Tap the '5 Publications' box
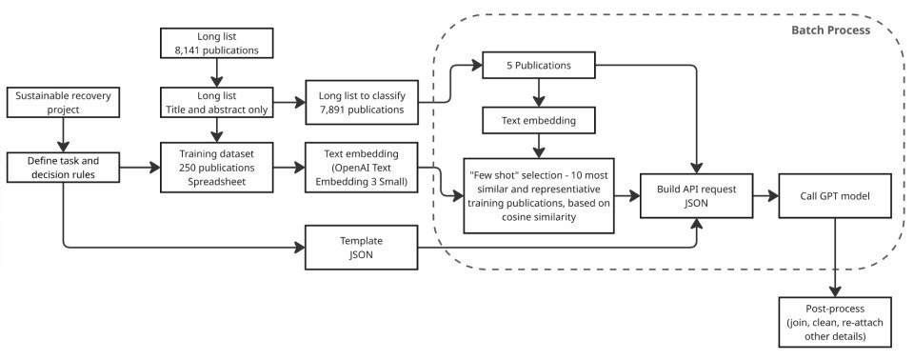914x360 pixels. tap(540, 68)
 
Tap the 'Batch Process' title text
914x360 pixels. tap(831, 30)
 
